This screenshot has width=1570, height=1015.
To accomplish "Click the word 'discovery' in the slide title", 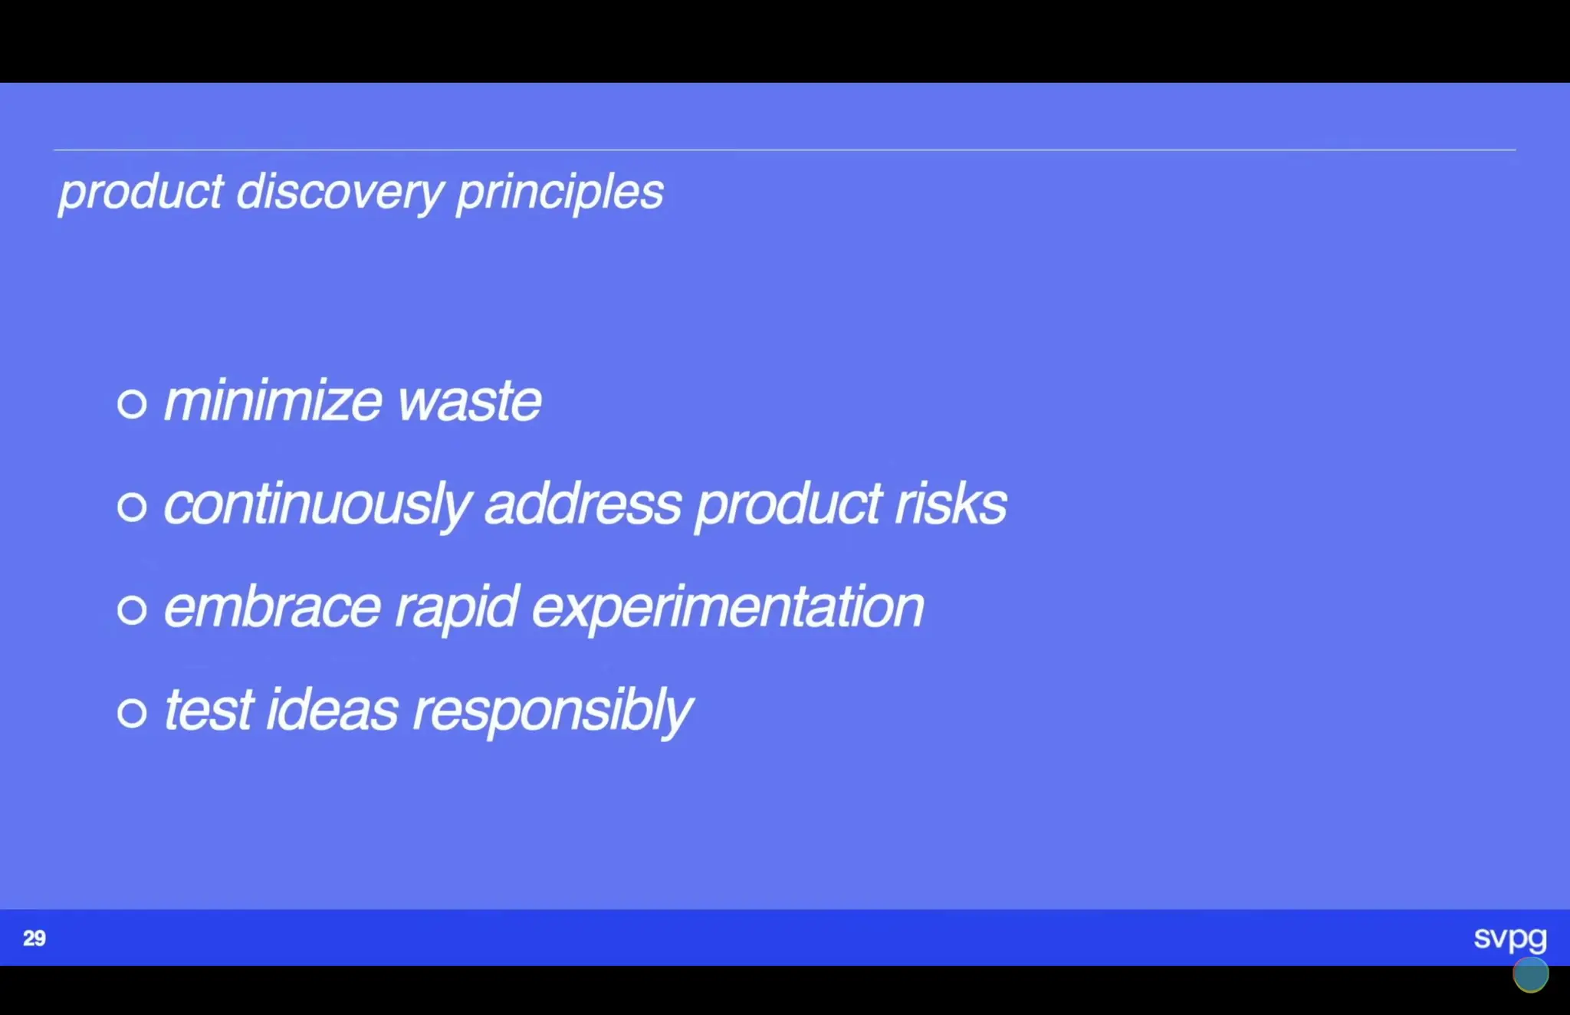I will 340,192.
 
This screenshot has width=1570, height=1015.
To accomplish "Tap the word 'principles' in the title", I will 560,192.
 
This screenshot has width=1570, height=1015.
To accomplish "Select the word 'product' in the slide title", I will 142,192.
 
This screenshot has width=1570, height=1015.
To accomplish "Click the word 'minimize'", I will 273,401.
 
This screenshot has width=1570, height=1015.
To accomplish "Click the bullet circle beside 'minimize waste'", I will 132,403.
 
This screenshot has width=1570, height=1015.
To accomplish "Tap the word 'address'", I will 583,505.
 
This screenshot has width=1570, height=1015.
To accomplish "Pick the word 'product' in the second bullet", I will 788,505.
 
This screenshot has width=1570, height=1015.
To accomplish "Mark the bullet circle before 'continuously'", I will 132,507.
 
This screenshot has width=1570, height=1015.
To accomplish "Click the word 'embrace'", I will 273,608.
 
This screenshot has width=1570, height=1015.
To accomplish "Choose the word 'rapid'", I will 457,608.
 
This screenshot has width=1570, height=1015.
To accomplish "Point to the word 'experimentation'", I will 728,608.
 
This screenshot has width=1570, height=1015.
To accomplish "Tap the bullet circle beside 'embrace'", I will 132,610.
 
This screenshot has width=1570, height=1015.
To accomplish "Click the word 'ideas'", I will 332,711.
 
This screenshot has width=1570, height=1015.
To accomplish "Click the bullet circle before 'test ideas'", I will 132,713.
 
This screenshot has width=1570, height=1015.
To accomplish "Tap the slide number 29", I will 34,938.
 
